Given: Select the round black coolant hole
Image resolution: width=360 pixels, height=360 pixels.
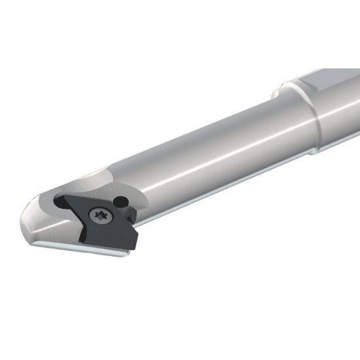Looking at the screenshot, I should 120,200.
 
